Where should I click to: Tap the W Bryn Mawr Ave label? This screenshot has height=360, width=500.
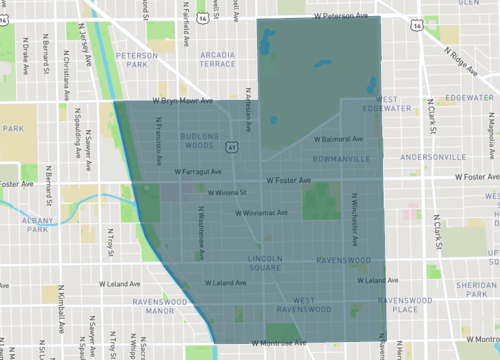tap(182, 101)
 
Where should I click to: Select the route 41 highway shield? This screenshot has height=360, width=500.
tap(232, 147)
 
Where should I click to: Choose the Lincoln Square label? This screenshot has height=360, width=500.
tap(269, 263)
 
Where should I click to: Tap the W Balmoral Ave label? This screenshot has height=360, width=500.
tap(343, 140)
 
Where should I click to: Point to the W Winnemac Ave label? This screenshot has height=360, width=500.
tap(261, 212)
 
